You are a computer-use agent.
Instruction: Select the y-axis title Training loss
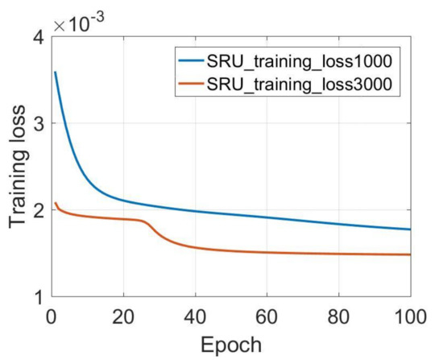16,167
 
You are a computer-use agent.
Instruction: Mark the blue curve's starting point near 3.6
54,72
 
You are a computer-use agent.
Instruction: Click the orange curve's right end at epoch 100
410,254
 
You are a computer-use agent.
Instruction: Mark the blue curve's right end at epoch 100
410,230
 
